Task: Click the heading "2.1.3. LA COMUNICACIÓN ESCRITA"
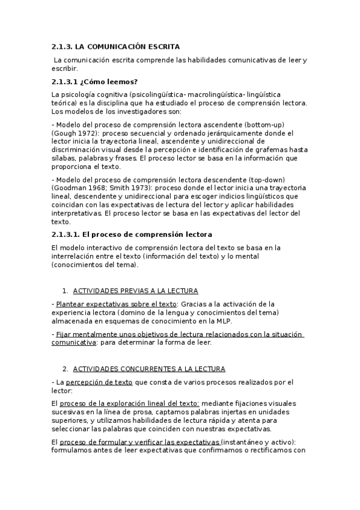[115, 46]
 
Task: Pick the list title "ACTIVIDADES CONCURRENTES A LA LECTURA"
[149, 368]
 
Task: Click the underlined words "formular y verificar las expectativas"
[157, 443]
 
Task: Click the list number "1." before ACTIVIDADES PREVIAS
[66, 289]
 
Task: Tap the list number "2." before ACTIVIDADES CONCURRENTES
[66, 368]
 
